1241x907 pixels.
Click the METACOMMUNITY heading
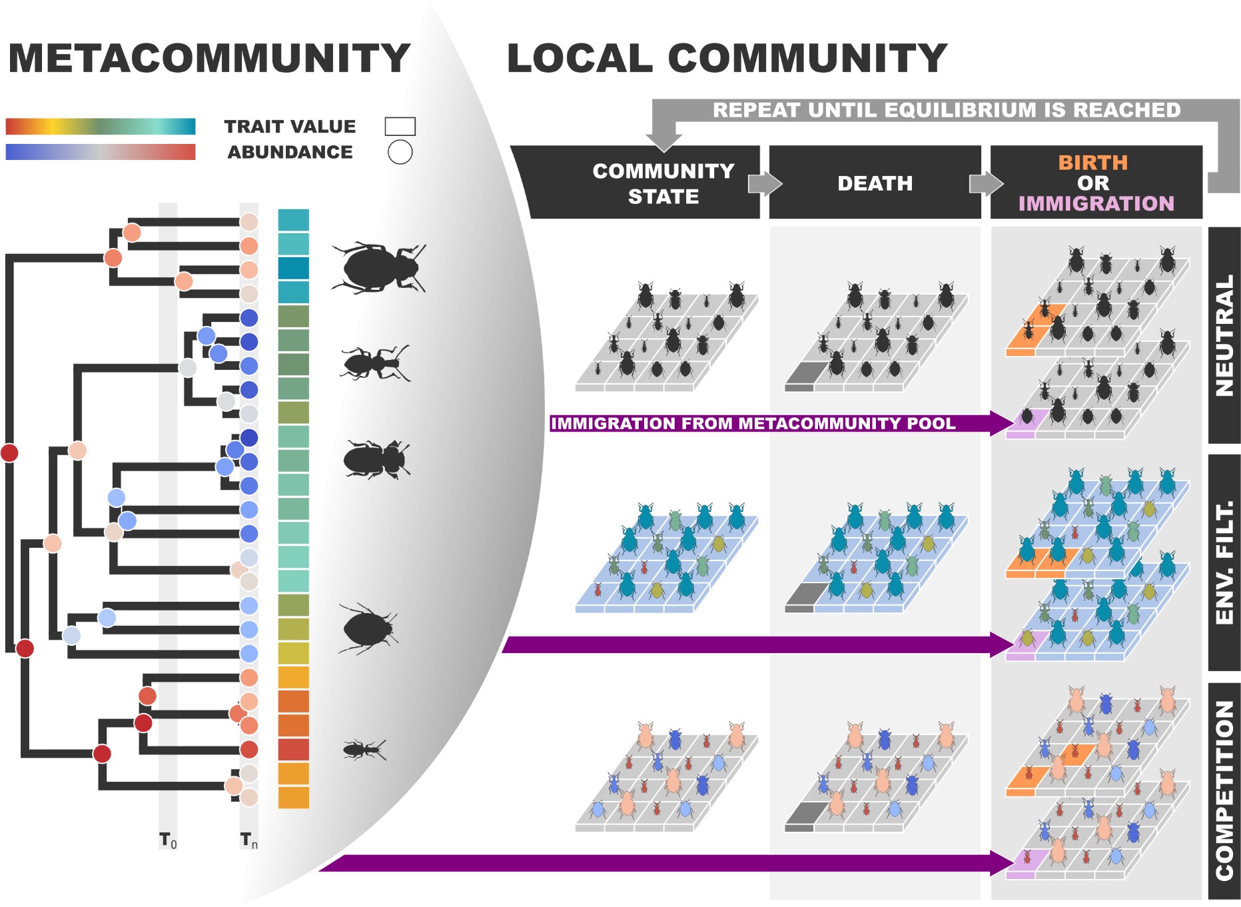coord(208,59)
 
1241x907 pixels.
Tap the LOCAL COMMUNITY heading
coord(726,59)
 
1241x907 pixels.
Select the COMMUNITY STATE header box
coord(663,183)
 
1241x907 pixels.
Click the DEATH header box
coord(875,183)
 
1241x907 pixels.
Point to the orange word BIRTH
coord(1092,163)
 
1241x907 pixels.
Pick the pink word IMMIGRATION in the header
coord(1096,203)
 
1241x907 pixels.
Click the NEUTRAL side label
coord(1224,335)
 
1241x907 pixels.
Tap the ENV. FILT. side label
coord(1224,562)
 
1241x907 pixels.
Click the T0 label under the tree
coord(168,840)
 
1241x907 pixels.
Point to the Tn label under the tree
coord(249,840)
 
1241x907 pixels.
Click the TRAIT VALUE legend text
coord(290,127)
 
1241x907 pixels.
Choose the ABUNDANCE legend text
coord(290,153)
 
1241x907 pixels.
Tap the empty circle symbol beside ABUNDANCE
coord(400,153)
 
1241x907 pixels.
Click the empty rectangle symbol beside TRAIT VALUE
coord(400,126)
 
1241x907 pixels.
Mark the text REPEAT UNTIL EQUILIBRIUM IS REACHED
coord(946,110)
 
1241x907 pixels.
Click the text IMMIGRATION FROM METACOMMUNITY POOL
coord(753,423)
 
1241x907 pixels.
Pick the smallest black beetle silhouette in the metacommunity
coord(364,750)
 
